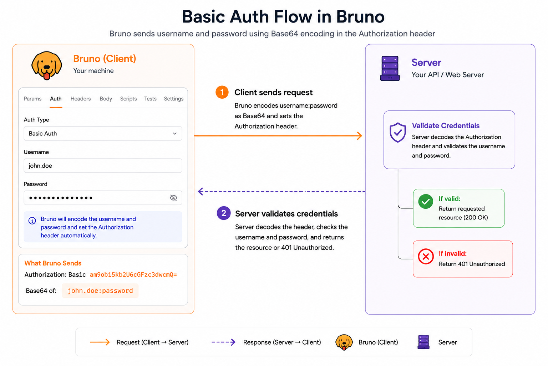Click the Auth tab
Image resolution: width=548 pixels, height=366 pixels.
[x=56, y=99]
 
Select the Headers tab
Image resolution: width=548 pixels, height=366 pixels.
[x=81, y=99]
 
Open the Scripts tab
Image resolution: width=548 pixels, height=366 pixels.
[x=128, y=99]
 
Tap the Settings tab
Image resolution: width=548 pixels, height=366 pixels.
[x=174, y=99]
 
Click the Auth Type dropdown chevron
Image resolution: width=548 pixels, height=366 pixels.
[x=175, y=134]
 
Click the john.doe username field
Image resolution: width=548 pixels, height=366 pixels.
[x=103, y=166]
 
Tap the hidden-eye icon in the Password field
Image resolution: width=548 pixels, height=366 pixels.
[x=173, y=198]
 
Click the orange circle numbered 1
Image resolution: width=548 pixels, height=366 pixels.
[x=222, y=93]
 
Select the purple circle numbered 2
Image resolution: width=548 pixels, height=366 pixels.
[x=224, y=213]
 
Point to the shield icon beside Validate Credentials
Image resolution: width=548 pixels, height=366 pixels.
[x=397, y=132]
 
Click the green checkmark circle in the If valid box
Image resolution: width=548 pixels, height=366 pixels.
[x=426, y=202]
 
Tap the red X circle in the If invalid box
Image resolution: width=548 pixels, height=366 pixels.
[x=426, y=256]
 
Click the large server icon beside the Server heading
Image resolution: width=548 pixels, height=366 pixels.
[x=390, y=68]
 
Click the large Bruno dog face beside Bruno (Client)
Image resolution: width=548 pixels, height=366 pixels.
[x=47, y=65]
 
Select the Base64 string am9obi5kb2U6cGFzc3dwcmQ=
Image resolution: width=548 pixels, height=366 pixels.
[x=133, y=274]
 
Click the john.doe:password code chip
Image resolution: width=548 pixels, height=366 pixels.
[x=100, y=291]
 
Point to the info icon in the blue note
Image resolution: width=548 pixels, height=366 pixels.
[x=32, y=221]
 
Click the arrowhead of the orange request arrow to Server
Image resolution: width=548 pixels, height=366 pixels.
[x=360, y=135]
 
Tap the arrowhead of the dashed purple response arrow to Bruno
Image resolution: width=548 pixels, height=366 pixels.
[x=201, y=191]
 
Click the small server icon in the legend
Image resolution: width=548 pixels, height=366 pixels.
[x=423, y=342]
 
